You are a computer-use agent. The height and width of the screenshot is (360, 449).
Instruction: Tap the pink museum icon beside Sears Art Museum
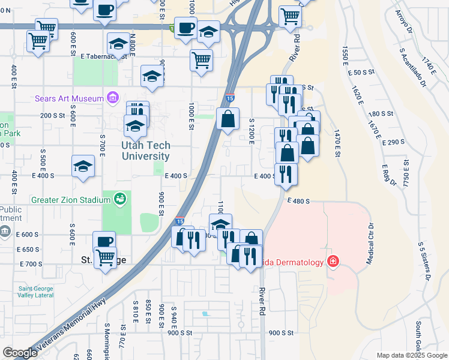pos(111,97)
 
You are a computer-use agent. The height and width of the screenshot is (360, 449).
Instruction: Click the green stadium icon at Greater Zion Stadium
pos(120,199)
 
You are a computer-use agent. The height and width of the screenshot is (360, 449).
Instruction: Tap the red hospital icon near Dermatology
pos(332,262)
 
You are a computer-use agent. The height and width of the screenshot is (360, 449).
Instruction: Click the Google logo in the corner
pos(19,353)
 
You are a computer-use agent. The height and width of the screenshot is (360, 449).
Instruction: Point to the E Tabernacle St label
pos(103,56)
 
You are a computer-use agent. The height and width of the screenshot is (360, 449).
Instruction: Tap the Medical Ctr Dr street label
pos(370,245)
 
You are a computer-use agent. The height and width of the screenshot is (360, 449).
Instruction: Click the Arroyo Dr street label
pos(402,23)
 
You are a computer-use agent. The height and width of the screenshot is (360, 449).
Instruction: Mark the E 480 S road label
pos(298,202)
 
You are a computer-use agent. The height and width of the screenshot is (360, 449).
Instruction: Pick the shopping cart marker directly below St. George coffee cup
pos(106,258)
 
